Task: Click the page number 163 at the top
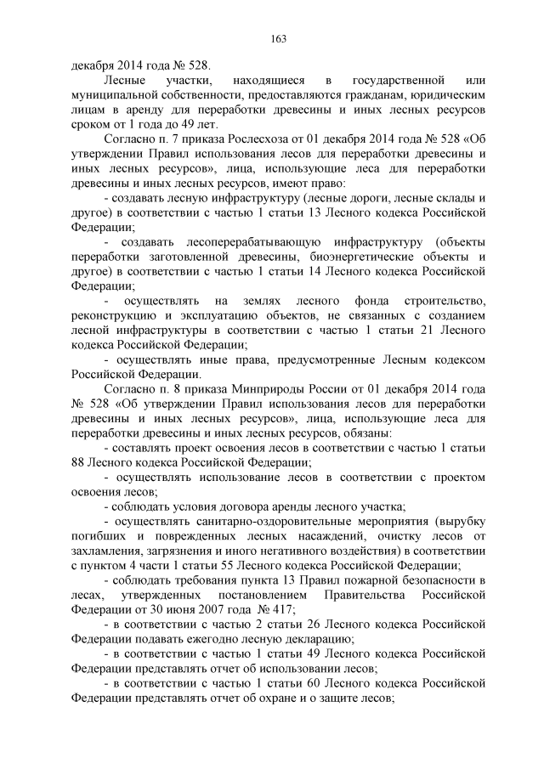[x=278, y=37]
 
